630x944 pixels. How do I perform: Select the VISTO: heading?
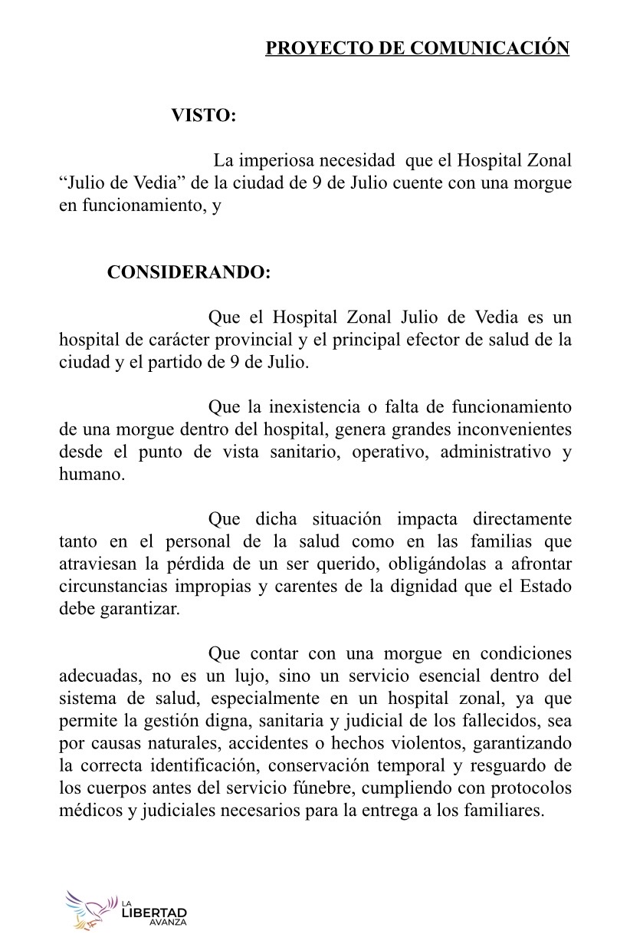pos(203,116)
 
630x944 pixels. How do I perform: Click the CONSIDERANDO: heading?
pos(189,273)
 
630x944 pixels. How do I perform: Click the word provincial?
pos(259,340)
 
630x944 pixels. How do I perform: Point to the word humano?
pos(91,475)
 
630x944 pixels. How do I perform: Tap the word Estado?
pos(543,587)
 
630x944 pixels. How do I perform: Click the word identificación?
pos(201,767)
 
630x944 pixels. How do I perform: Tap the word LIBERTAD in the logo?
pos(154,913)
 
